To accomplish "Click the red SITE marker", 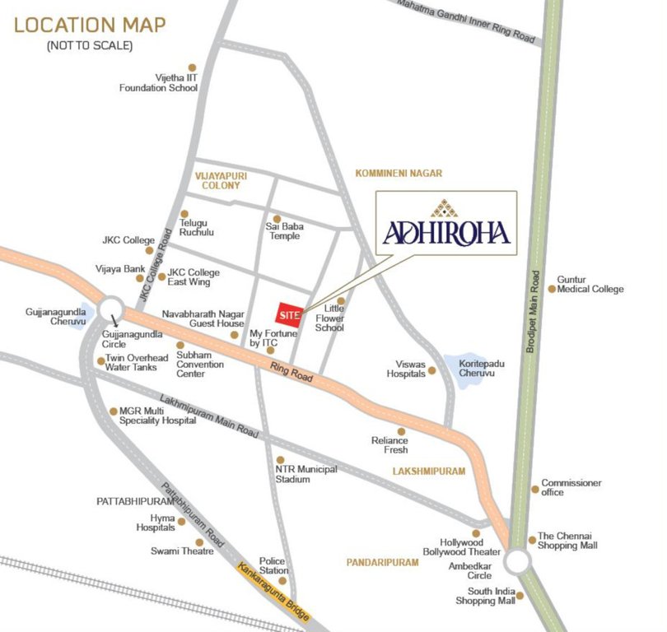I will coord(288,314).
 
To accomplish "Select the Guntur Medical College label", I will coord(590,284).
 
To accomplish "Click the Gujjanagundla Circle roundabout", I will coord(110,310).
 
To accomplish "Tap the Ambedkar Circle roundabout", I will coord(517,562).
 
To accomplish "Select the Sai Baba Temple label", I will coord(283,231).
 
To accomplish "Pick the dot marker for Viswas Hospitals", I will coord(431,371).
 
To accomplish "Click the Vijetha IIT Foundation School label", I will coord(159,82).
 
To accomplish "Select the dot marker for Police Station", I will coord(282,580).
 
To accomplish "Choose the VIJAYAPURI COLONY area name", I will coord(221,179).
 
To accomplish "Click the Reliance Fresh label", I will coord(389,445).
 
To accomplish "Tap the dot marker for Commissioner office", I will coord(534,488).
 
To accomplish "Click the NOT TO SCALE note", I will coord(90,45).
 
